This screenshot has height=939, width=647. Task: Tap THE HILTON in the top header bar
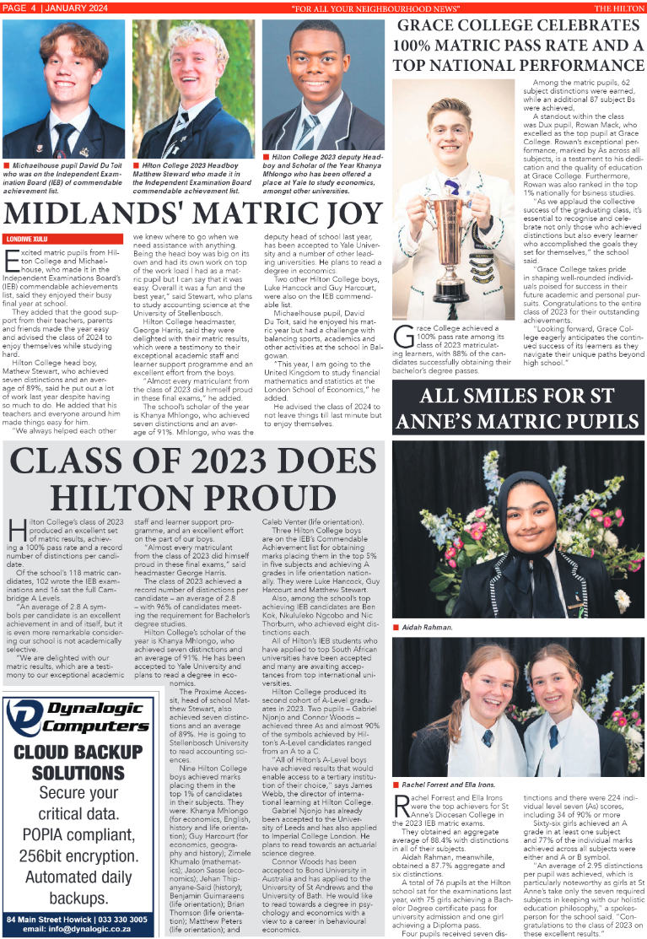click(x=619, y=8)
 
